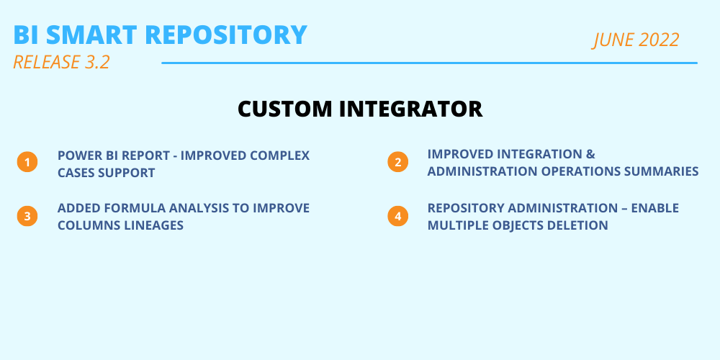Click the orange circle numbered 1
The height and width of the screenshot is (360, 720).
pyautogui.click(x=27, y=162)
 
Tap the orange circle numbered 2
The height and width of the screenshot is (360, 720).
pyautogui.click(x=397, y=161)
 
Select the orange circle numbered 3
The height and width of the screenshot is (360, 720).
pyautogui.click(x=27, y=216)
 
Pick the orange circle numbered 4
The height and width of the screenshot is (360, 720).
pyautogui.click(x=397, y=216)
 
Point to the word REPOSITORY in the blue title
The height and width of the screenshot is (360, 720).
pyautogui.click(x=226, y=35)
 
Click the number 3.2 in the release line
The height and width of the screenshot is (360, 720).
pyautogui.click(x=97, y=63)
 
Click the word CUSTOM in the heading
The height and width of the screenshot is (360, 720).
pyautogui.click(x=284, y=109)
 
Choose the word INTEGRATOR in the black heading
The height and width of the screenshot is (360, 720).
pyautogui.click(x=410, y=109)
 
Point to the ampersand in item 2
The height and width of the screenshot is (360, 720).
pyautogui.click(x=591, y=154)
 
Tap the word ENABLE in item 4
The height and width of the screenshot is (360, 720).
pyautogui.click(x=654, y=208)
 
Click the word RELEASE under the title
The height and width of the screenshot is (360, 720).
pyautogui.click(x=46, y=63)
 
